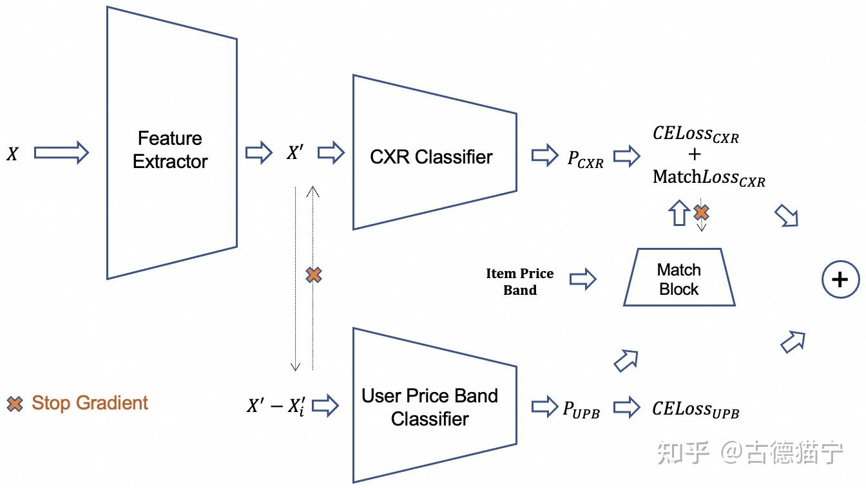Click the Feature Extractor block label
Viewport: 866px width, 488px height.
point(170,150)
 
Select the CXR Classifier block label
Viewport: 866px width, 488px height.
point(431,157)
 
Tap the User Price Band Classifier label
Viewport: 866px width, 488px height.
point(430,408)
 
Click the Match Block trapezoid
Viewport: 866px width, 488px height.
point(679,277)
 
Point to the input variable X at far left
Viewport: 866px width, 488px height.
point(12,154)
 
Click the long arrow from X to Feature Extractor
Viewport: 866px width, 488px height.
point(61,153)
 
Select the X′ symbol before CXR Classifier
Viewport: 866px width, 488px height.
point(295,152)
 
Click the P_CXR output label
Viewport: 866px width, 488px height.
point(585,159)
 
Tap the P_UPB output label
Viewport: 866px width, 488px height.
point(581,409)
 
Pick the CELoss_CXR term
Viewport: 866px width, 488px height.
point(695,135)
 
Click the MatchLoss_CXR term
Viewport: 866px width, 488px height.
point(709,178)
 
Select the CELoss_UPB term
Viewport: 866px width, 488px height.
point(695,409)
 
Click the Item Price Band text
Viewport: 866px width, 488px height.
point(520,281)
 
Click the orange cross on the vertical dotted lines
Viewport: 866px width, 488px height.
point(314,275)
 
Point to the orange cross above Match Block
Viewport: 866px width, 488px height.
point(701,212)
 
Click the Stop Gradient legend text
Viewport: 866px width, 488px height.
point(90,402)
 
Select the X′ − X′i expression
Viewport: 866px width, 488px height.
point(276,406)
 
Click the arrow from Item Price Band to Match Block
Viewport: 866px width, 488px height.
point(583,279)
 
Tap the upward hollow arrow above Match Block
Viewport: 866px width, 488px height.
point(679,212)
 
